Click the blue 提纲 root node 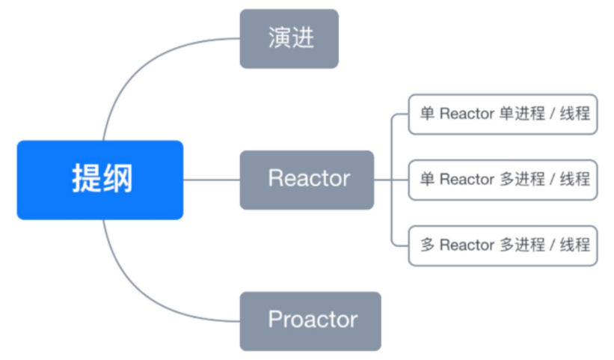click(x=99, y=180)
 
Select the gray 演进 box click(x=289, y=39)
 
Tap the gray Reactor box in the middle click(x=307, y=180)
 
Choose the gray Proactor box click(x=310, y=321)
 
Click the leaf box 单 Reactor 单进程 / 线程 click(x=503, y=115)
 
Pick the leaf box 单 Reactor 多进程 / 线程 click(x=503, y=180)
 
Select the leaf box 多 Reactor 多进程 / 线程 click(x=503, y=245)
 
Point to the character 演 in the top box click(x=279, y=39)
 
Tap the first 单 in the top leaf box click(x=427, y=115)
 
